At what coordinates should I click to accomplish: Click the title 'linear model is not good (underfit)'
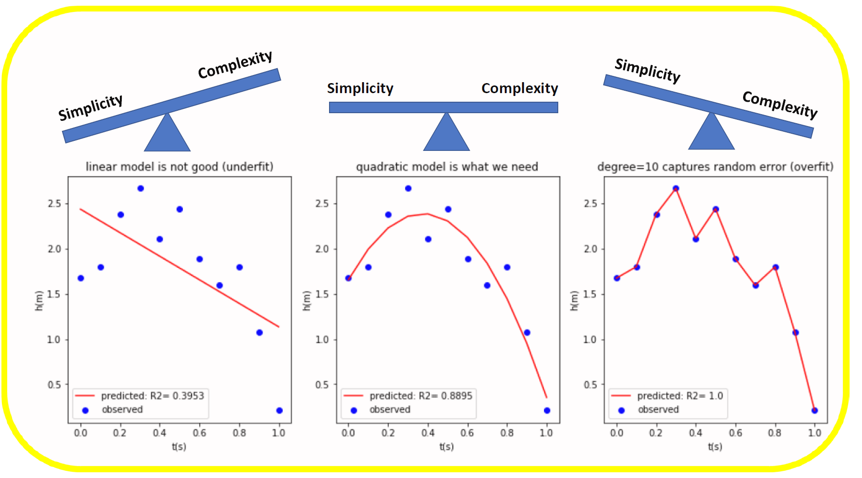click(180, 167)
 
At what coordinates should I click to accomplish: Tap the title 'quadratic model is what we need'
click(447, 167)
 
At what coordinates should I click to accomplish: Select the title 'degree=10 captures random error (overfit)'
click(715, 167)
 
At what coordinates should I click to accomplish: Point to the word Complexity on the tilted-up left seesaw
click(235, 64)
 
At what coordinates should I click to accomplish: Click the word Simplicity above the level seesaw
click(360, 88)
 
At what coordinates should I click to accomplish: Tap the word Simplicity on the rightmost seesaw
click(647, 71)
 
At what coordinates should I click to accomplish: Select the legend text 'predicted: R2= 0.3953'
click(152, 396)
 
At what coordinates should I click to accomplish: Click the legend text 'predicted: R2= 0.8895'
click(421, 396)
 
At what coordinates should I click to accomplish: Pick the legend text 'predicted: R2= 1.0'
click(680, 396)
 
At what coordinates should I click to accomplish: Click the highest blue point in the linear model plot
click(140, 189)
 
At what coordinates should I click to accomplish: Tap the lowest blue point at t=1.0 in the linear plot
click(279, 411)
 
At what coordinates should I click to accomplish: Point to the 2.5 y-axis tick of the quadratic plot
click(322, 204)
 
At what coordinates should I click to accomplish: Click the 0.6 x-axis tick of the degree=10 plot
click(735, 433)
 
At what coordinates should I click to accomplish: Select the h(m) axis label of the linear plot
click(39, 301)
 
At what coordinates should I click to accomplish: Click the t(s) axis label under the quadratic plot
click(447, 447)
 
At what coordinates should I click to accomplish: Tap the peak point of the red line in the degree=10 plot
click(676, 189)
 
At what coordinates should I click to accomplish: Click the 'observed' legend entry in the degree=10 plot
click(658, 410)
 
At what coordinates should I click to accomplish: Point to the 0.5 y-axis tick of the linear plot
click(54, 385)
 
